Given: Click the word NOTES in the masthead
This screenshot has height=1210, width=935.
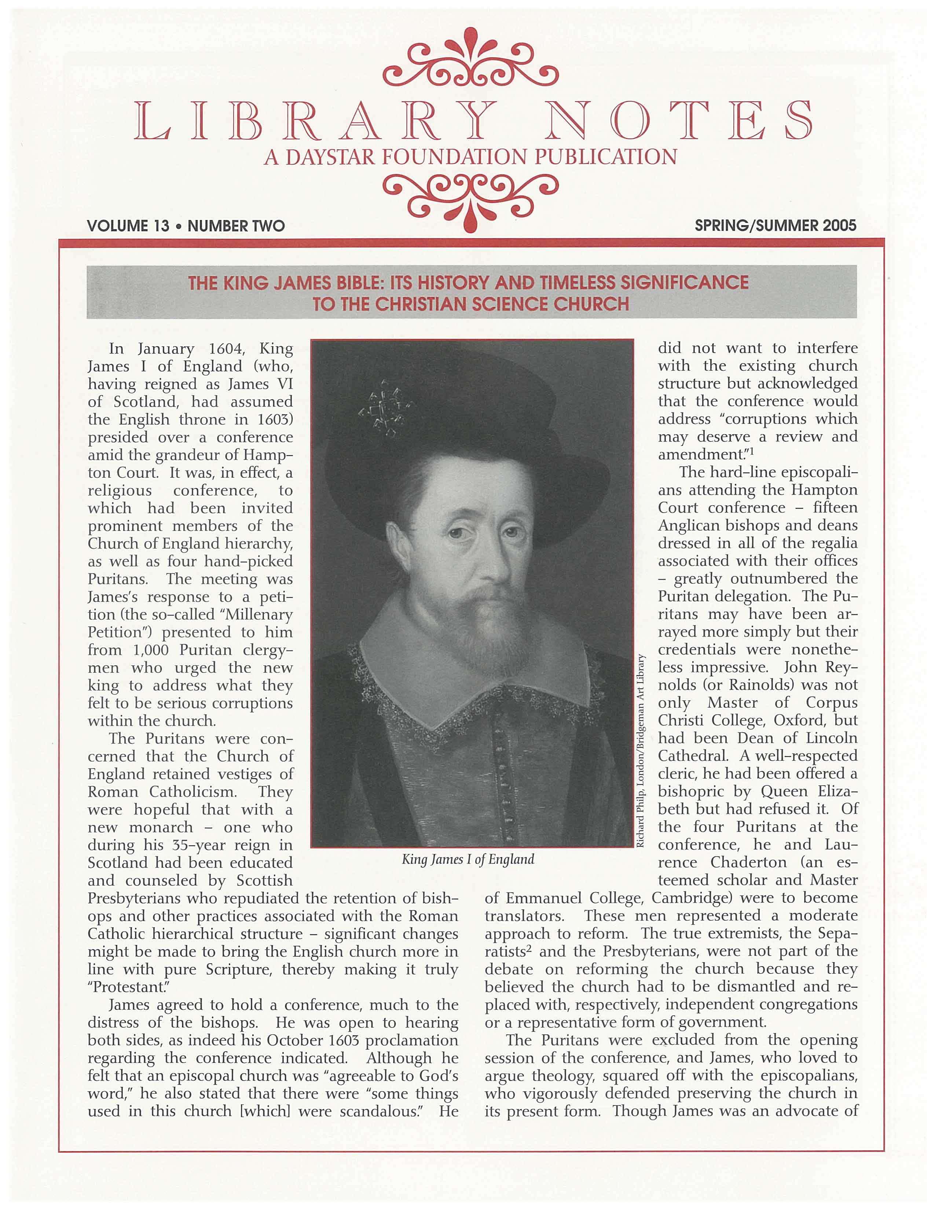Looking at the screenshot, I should tap(679, 120).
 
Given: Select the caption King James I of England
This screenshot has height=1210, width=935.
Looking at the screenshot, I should tap(468, 859).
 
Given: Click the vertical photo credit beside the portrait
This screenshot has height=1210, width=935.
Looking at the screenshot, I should tap(641, 751).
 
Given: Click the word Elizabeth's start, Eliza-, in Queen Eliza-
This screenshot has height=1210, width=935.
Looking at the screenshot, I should tap(837, 792).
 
